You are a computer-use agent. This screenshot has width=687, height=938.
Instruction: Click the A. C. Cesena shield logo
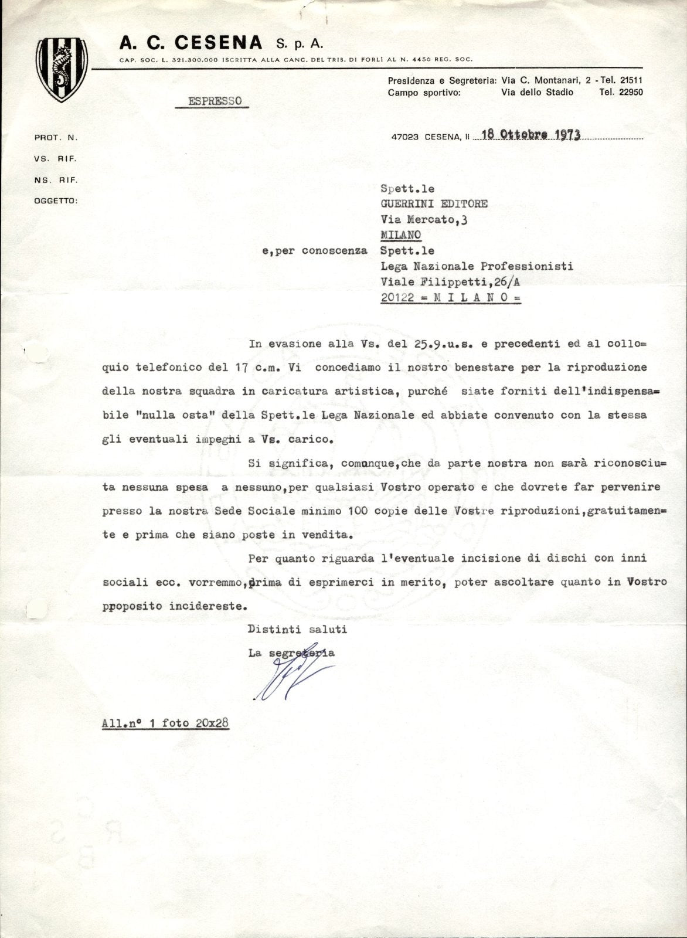pyautogui.click(x=62, y=69)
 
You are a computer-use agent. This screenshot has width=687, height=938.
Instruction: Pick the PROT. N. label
pyautogui.click(x=56, y=138)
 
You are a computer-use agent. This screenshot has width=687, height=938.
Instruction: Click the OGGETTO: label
pyautogui.click(x=56, y=200)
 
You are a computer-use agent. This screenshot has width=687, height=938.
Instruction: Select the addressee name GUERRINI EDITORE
pyautogui.click(x=434, y=204)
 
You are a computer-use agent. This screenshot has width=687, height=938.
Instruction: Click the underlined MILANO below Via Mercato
pyautogui.click(x=401, y=235)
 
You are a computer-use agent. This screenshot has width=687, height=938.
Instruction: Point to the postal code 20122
pyautogui.click(x=397, y=297)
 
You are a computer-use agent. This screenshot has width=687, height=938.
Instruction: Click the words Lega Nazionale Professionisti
pyautogui.click(x=477, y=266)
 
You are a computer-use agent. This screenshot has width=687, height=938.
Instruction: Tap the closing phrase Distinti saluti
pyautogui.click(x=297, y=630)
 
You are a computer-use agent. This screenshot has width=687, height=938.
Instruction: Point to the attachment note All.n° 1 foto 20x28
pyautogui.click(x=165, y=723)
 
